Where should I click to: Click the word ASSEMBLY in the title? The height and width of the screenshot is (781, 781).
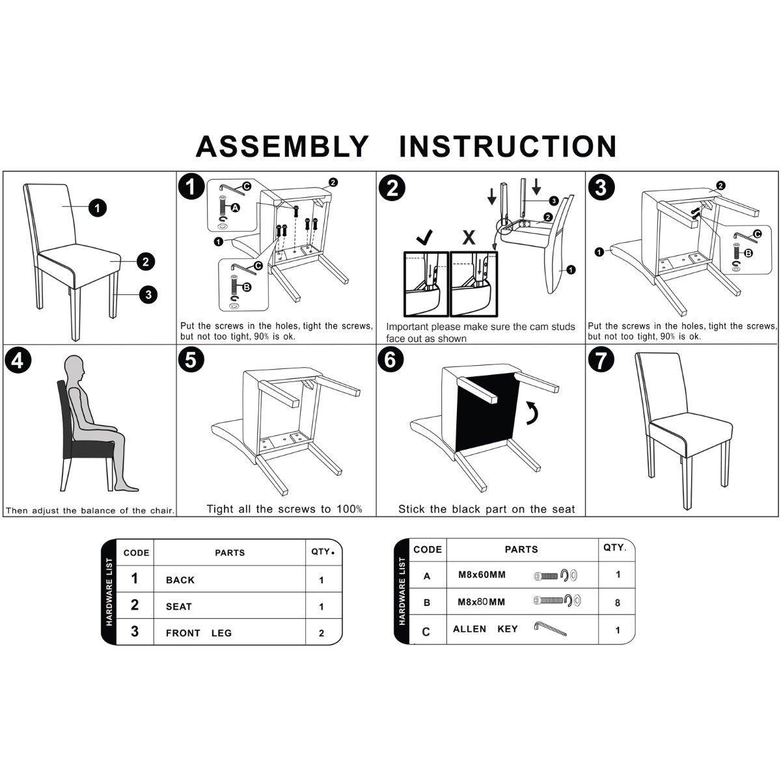point(282,146)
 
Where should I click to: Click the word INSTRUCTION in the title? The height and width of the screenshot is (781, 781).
point(508,146)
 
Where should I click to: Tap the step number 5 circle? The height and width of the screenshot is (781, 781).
point(191,360)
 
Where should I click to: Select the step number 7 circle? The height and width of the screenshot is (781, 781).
point(601,360)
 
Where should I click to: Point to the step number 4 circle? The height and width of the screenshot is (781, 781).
point(18,361)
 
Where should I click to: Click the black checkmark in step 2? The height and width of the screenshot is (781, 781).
point(424,237)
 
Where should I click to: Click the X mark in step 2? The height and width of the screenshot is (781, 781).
point(469,238)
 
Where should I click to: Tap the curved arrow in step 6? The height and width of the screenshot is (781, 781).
point(533,413)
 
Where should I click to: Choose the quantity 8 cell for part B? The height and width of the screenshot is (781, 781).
point(617,603)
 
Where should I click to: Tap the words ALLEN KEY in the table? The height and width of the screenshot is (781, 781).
point(485,629)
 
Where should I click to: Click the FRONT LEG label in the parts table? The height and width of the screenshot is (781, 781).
point(199,633)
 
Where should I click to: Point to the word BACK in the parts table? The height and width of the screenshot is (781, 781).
point(180,580)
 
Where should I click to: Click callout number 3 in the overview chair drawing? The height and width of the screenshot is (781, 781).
point(148,294)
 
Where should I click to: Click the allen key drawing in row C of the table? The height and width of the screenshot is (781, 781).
point(550,629)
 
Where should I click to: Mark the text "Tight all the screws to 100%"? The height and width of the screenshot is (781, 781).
point(284,509)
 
